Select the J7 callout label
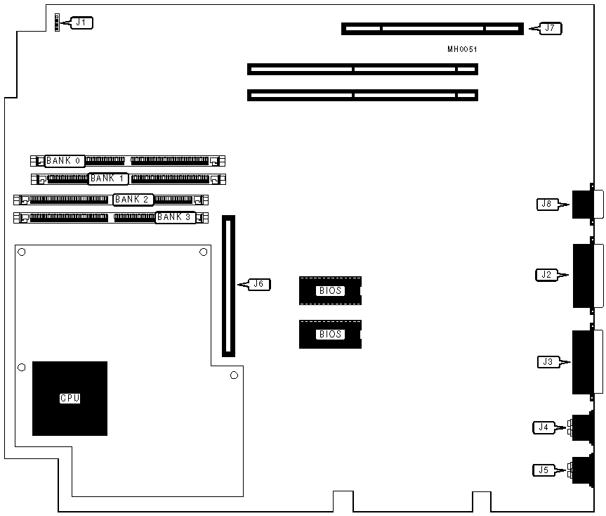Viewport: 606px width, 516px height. [550, 29]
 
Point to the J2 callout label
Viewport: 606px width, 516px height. [546, 275]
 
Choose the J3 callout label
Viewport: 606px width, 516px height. [547, 362]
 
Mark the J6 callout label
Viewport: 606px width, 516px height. [258, 284]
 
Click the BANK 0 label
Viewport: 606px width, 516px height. [65, 161]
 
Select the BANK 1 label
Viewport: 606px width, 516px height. [108, 179]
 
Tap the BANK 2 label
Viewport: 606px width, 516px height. [133, 200]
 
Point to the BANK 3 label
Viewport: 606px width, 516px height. [174, 217]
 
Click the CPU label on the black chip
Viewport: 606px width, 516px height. [70, 398]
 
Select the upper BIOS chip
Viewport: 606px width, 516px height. [330, 290]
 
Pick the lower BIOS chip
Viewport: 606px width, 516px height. [330, 334]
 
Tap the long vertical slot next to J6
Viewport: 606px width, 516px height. [229, 286]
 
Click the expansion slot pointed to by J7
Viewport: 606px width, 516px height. [432, 29]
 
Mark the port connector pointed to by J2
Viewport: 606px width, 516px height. [587, 276]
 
